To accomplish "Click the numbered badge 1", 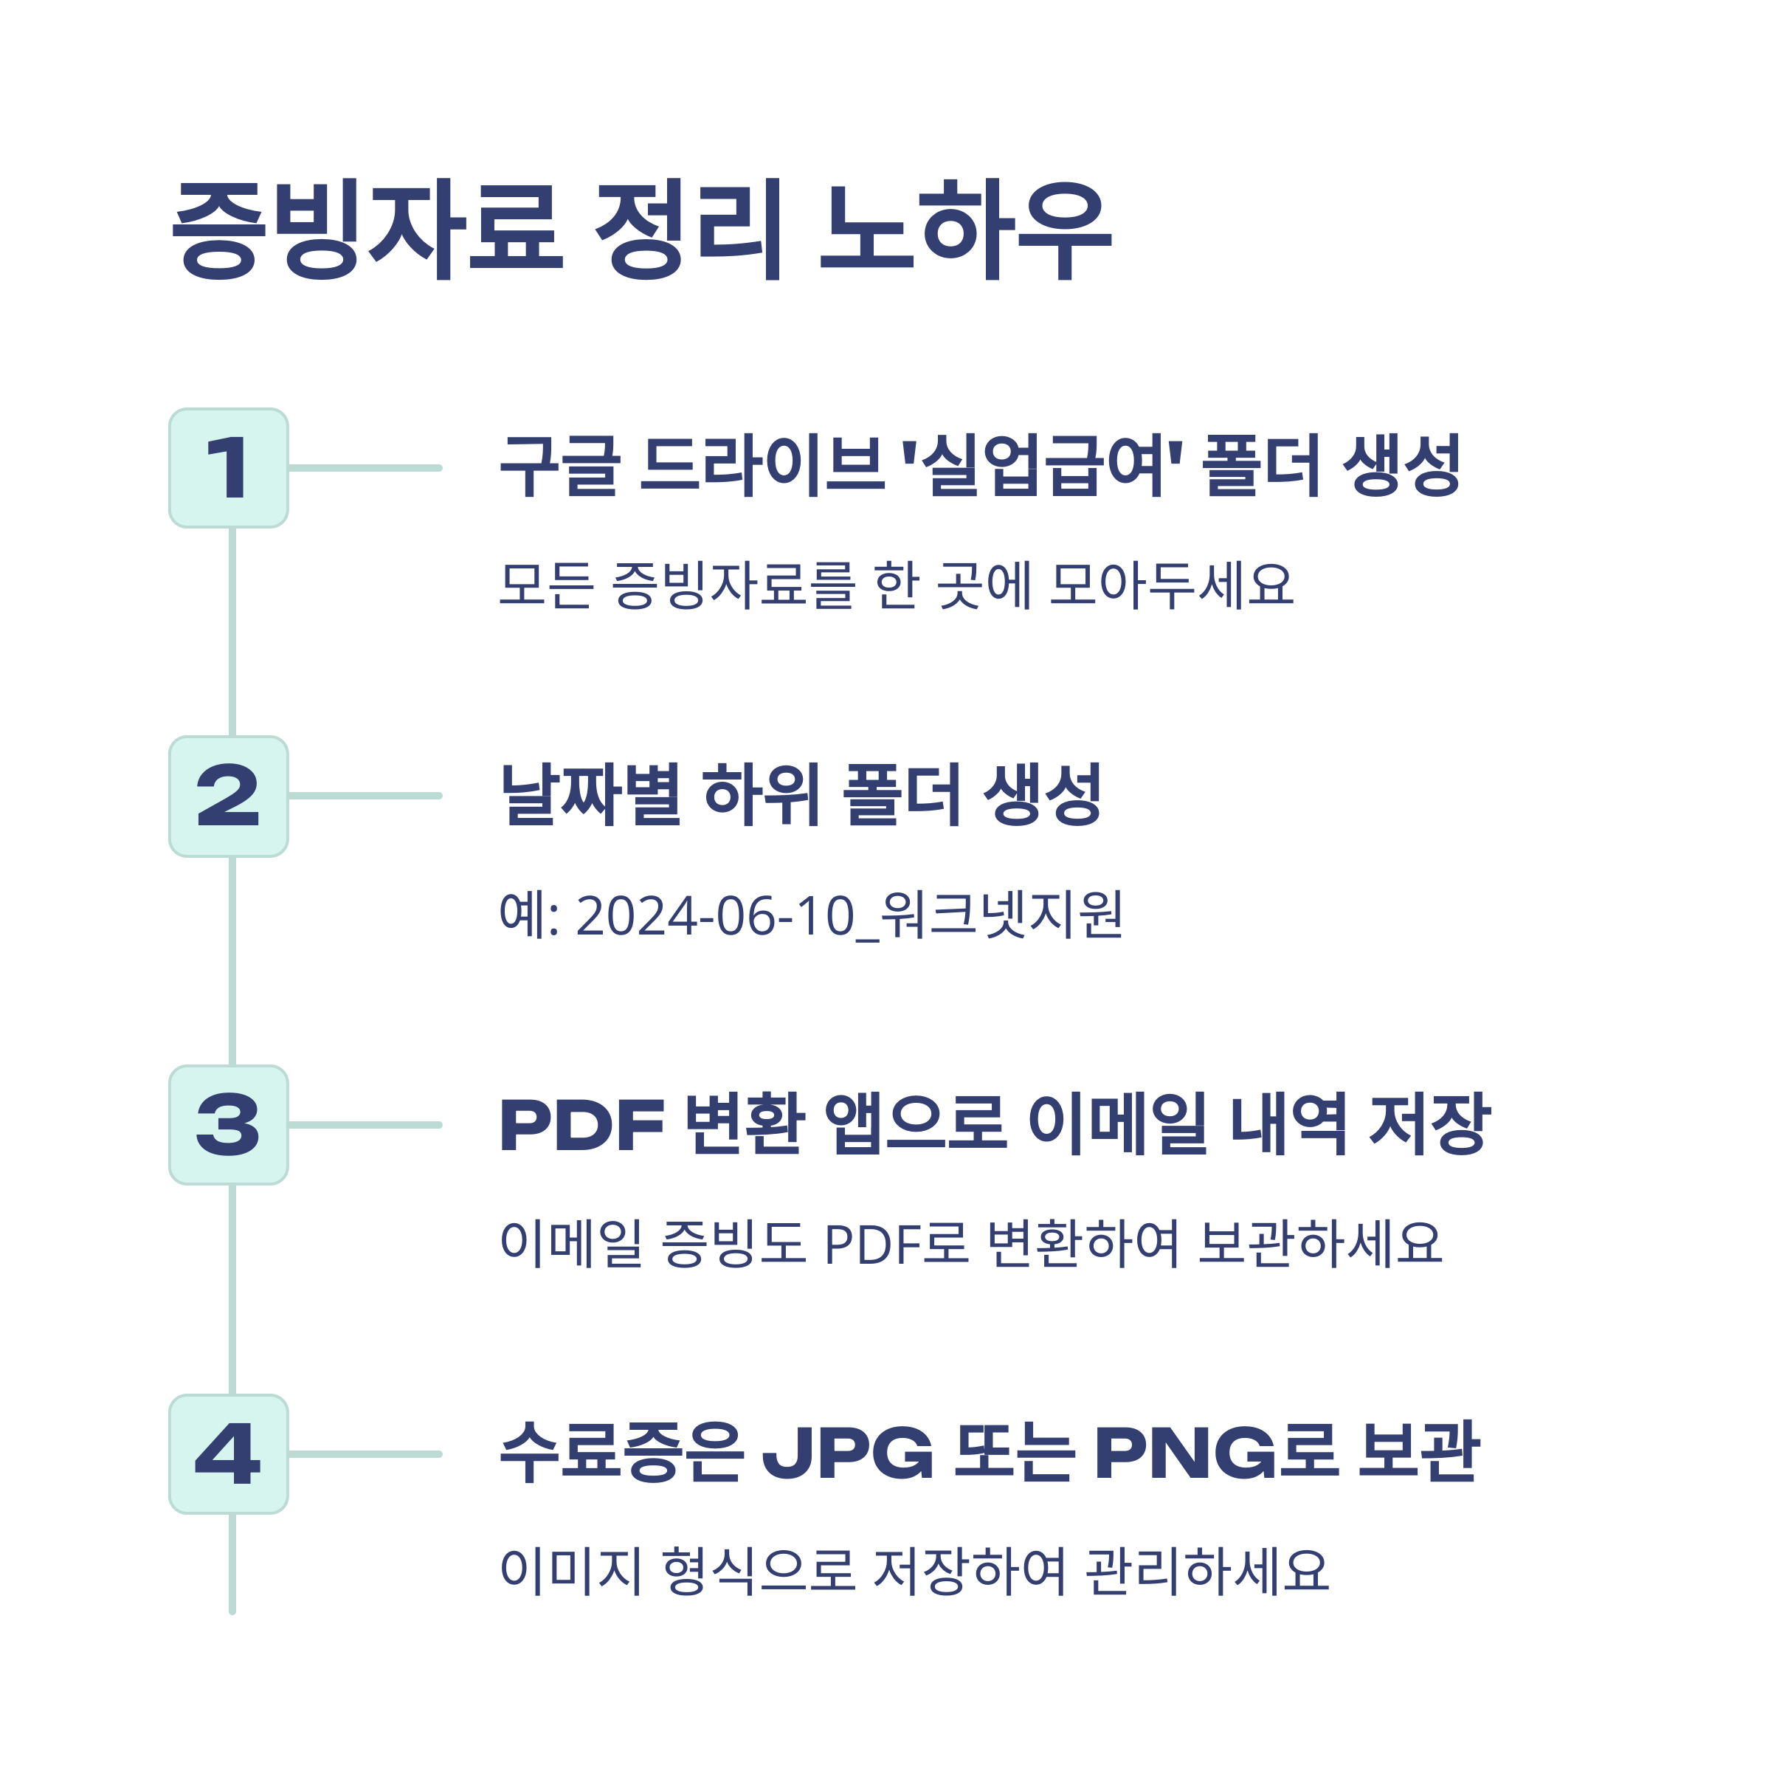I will pyautogui.click(x=228, y=468).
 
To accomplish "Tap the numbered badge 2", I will pyautogui.click(x=228, y=796).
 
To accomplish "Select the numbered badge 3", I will pyautogui.click(x=228, y=1124).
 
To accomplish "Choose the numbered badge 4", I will pyautogui.click(x=228, y=1454).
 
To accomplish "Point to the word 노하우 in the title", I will pyautogui.click(x=966, y=230).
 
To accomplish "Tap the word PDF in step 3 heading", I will pyautogui.click(x=581, y=1124).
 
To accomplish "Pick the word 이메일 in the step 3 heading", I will pyautogui.click(x=1116, y=1124).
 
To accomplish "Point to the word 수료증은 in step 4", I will pyautogui.click(x=621, y=1453).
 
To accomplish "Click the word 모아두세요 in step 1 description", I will pyautogui.click(x=1171, y=585).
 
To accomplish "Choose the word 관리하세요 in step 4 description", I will pyautogui.click(x=1206, y=1571).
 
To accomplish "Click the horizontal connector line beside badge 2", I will pyautogui.click(x=365, y=796).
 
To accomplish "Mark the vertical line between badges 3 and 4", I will pyautogui.click(x=232, y=1289).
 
